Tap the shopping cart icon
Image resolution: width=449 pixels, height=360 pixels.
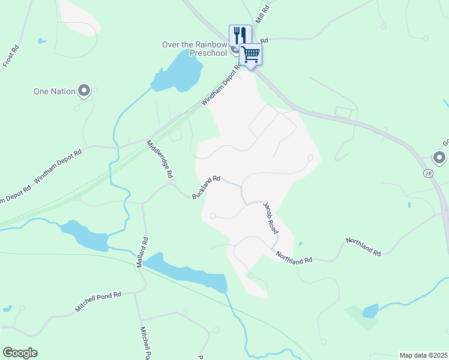[x=251, y=54]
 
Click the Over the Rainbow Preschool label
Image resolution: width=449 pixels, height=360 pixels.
[x=194, y=49]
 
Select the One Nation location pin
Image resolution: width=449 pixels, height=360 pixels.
[x=83, y=91]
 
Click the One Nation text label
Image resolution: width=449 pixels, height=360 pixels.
[x=55, y=91]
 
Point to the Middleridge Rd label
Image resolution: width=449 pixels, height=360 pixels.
[x=160, y=159]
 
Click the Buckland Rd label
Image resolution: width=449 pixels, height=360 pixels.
[x=207, y=187]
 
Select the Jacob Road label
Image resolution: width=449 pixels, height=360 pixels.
[x=271, y=218]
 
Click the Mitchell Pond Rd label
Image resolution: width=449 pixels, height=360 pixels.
[x=98, y=301]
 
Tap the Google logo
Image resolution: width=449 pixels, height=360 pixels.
[x=20, y=353]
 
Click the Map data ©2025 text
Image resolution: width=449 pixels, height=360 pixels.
[x=423, y=355]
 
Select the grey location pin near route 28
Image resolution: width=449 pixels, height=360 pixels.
[x=439, y=158]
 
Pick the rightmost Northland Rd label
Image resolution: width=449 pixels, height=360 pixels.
[x=363, y=247]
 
